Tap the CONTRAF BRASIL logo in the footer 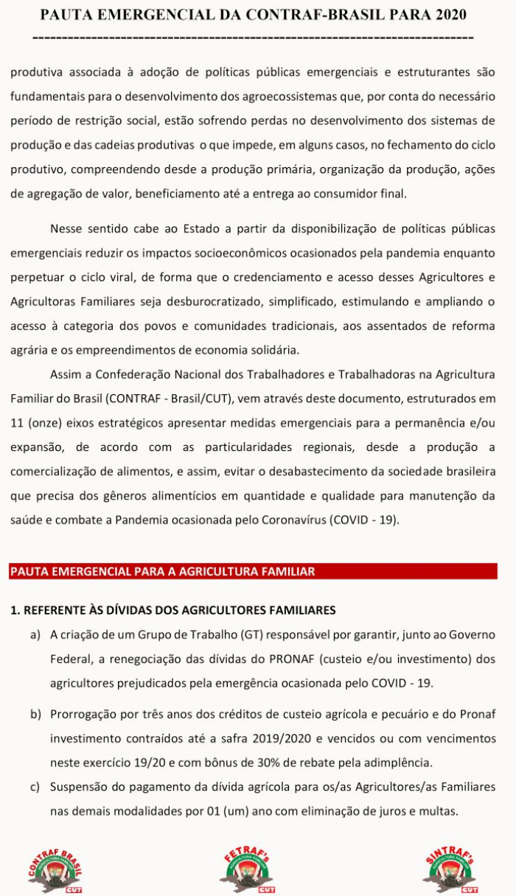coord(57,869)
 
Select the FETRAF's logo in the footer coord(247,869)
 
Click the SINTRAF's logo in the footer coord(450,869)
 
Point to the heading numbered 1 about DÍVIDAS coord(173,610)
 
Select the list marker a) coord(35,634)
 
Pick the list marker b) coord(35,714)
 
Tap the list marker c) coord(35,787)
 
